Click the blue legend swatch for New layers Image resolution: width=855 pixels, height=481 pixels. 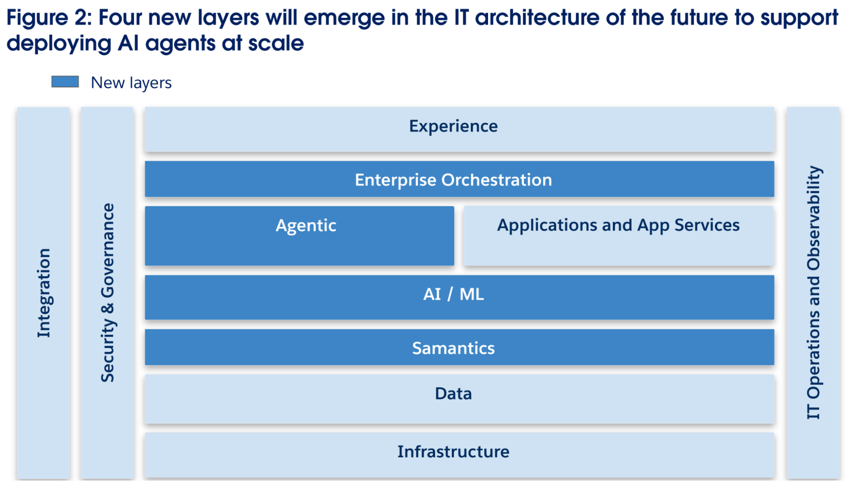click(x=65, y=82)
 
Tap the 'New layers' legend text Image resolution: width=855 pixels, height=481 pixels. click(x=131, y=83)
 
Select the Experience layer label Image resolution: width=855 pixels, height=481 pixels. click(x=453, y=126)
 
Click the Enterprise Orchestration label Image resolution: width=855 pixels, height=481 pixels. click(x=453, y=180)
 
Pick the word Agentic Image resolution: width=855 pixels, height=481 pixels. click(x=306, y=226)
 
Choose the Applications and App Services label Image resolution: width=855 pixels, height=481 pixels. click(x=618, y=225)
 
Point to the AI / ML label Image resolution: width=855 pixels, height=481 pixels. click(x=453, y=294)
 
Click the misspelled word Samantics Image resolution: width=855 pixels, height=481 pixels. click(x=453, y=348)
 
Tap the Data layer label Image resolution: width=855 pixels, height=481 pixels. click(x=453, y=393)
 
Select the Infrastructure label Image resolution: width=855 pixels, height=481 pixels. click(x=453, y=451)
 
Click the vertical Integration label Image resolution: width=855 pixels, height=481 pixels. click(x=44, y=293)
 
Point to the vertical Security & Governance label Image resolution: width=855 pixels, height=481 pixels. click(x=107, y=293)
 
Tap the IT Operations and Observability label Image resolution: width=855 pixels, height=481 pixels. click(x=813, y=293)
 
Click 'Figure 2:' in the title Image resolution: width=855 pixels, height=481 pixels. click(x=49, y=18)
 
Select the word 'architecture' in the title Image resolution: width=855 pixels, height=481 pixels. click(x=537, y=18)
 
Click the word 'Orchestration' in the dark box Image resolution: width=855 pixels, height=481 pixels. click(x=497, y=180)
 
